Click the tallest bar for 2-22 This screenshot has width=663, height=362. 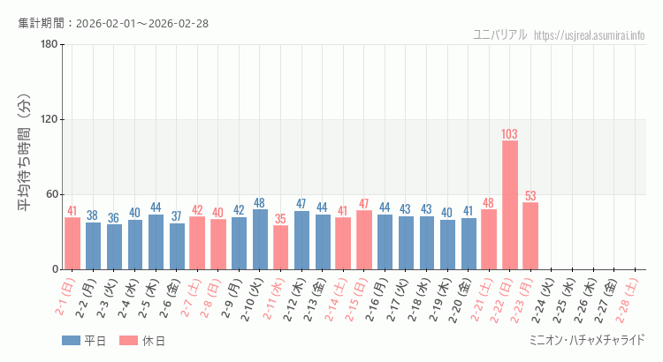click(x=510, y=205)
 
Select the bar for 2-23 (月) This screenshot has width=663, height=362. click(x=530, y=236)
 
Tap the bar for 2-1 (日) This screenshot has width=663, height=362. click(x=72, y=243)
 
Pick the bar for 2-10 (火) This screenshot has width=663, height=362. click(x=260, y=239)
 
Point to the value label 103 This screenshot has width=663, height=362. click(x=510, y=134)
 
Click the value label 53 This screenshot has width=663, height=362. click(x=530, y=196)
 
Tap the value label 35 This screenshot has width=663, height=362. click(x=280, y=218)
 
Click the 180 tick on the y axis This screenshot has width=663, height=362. click(x=49, y=45)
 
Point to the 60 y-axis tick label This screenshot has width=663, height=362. click(x=51, y=194)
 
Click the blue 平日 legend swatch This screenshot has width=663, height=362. click(x=71, y=341)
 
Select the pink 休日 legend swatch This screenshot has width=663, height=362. click(x=129, y=341)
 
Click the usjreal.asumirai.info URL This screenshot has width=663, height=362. click(x=590, y=34)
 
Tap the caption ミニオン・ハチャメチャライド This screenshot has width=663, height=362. click(x=586, y=341)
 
